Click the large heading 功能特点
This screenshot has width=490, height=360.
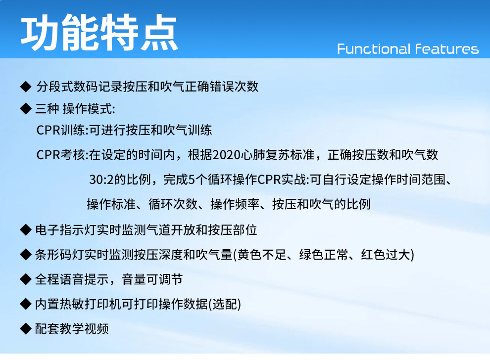click(x=99, y=32)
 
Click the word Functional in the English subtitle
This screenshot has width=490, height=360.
click(x=373, y=49)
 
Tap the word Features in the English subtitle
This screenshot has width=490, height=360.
click(x=447, y=49)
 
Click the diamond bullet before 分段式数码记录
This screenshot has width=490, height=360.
click(x=26, y=87)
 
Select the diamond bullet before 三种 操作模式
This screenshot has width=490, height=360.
click(x=26, y=109)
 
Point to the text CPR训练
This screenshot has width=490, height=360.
click(x=60, y=130)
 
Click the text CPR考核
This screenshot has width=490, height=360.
click(x=60, y=155)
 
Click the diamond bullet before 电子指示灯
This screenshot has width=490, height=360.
click(x=26, y=230)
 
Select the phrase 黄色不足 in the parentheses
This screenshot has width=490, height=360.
click(x=261, y=255)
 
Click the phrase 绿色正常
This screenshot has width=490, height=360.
click(x=323, y=255)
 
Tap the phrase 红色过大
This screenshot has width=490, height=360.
click(x=385, y=255)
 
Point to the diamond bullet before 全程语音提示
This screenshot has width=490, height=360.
click(x=26, y=279)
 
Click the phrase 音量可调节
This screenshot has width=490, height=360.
click(x=152, y=279)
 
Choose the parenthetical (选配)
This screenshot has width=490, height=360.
click(x=224, y=304)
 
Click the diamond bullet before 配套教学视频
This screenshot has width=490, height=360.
click(x=26, y=328)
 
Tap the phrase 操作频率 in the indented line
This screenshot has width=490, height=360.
click(x=235, y=204)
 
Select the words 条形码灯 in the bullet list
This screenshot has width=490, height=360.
click(x=59, y=255)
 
